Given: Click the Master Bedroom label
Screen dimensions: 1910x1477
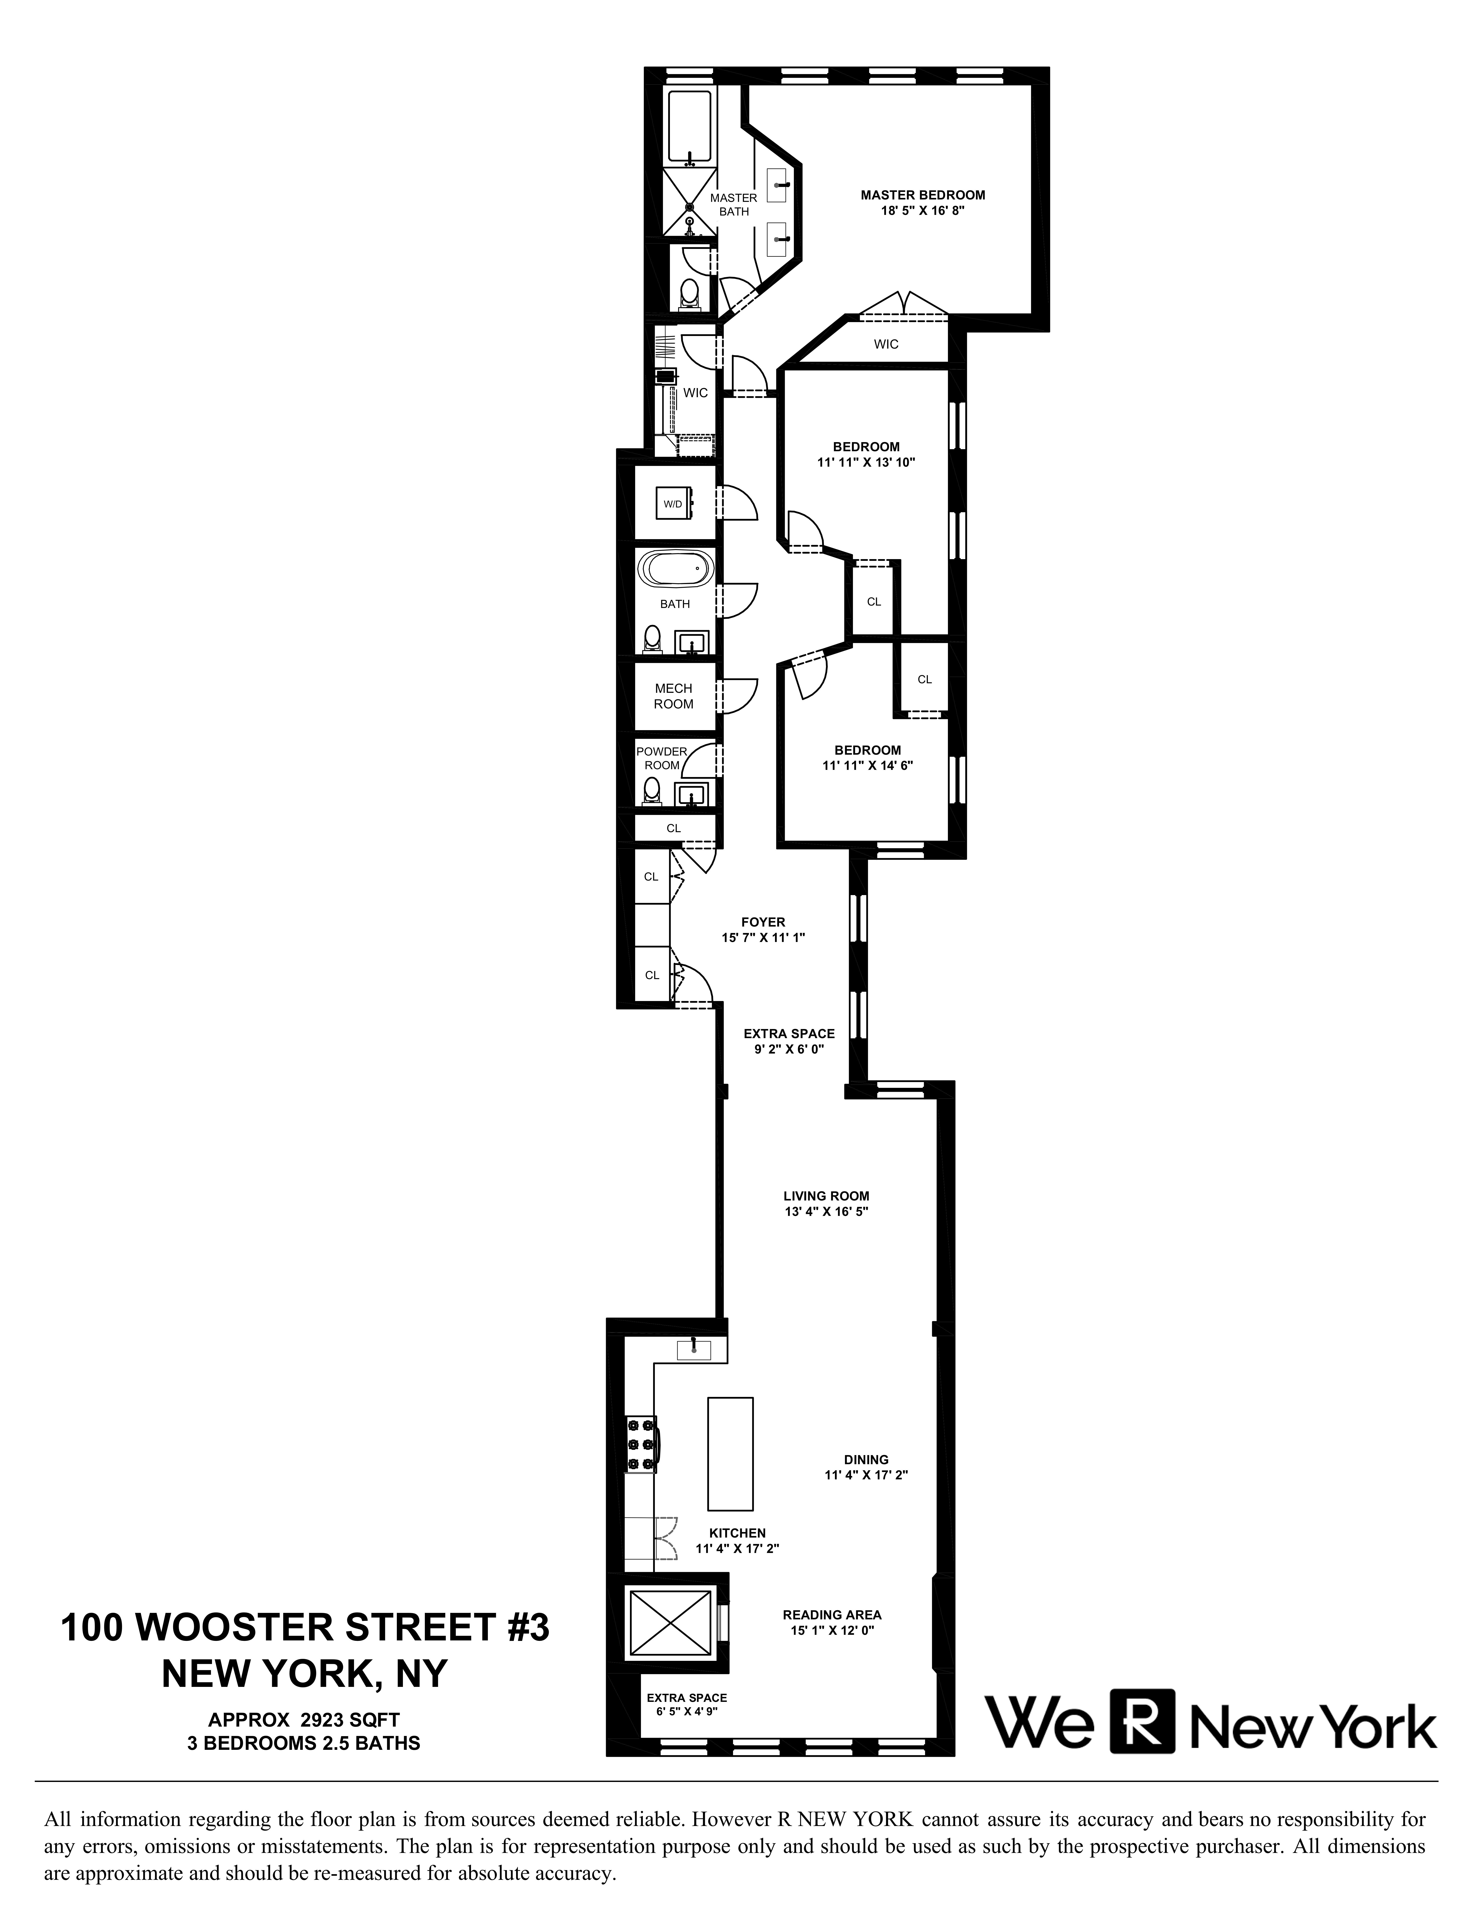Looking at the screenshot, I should pos(922,195).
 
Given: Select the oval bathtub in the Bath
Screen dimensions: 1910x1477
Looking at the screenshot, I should pos(675,569).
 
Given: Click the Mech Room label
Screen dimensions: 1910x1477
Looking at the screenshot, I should pos(674,696).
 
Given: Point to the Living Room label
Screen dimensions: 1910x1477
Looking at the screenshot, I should pos(826,1195).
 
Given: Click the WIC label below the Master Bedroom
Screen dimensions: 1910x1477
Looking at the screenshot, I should pos(886,344).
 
